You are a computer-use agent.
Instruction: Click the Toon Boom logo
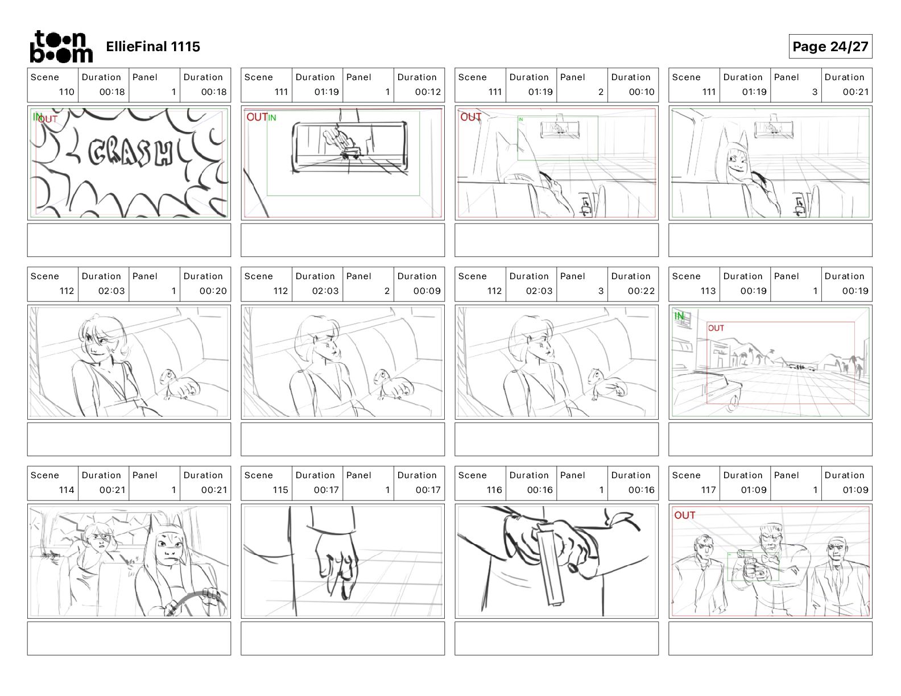(61, 47)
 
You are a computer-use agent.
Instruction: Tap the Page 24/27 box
(830, 47)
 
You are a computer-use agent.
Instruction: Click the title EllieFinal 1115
(153, 47)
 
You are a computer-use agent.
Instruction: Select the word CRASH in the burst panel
(130, 152)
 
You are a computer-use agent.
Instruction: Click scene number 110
(67, 92)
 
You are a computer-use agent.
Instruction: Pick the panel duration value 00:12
(428, 92)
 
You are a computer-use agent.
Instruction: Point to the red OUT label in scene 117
(684, 515)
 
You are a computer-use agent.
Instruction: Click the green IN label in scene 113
(679, 316)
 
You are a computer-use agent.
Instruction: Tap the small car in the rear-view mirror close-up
(350, 152)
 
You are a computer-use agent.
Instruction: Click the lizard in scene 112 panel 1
(180, 384)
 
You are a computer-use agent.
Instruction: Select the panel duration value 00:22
(641, 291)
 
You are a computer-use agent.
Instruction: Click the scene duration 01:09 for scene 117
(753, 490)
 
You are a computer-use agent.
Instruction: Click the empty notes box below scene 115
(342, 639)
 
